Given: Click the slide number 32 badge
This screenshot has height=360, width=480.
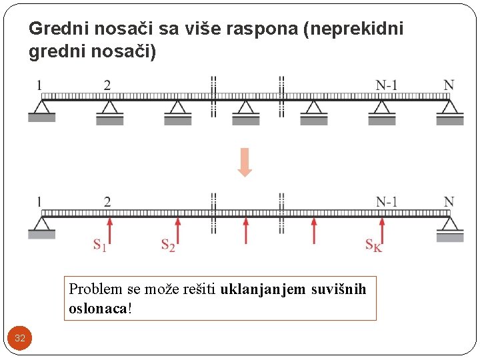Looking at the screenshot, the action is click(x=20, y=338).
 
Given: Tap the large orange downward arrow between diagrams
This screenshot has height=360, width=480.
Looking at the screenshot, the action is click(x=245, y=163).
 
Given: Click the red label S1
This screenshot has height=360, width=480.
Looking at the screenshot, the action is click(x=99, y=245).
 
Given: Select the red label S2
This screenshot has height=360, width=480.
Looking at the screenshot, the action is click(x=168, y=245).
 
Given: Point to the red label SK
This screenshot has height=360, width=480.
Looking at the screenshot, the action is click(x=374, y=245).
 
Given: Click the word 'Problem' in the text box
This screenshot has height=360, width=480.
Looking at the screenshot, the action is click(x=95, y=289).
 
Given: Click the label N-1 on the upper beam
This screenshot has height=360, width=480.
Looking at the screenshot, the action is click(x=387, y=85).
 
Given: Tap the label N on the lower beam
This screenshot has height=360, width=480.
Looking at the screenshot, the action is click(x=449, y=201).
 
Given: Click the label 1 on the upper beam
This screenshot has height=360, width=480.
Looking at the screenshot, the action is click(x=39, y=85).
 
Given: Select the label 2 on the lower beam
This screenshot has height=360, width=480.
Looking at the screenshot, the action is click(x=107, y=201).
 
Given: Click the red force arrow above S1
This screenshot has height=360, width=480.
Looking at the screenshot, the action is click(x=109, y=229).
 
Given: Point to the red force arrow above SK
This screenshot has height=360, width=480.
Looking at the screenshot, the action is click(x=382, y=229).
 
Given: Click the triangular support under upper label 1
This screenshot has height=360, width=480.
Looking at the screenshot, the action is click(x=41, y=108).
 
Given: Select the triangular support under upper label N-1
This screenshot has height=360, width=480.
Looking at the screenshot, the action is click(x=382, y=108).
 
